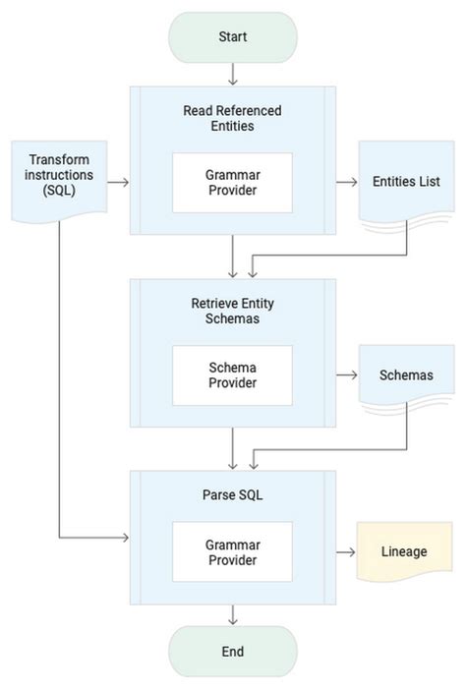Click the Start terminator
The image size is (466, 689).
232,37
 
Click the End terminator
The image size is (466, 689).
232,651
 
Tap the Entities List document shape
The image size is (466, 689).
406,183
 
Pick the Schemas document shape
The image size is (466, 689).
406,375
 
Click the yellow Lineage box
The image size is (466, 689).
404,551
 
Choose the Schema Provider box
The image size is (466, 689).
232,375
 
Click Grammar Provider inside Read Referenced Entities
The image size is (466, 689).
232,183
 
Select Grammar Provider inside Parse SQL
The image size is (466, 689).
232,551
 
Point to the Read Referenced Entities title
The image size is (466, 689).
232,118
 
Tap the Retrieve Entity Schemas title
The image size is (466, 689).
232,311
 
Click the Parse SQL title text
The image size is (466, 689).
232,494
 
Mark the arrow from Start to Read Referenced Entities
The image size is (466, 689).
233,74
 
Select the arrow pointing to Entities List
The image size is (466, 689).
346,182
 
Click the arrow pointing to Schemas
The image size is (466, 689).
346,374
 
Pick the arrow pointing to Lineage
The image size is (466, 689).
346,551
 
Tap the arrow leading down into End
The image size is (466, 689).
233,615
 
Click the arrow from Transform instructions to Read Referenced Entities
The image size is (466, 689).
118,182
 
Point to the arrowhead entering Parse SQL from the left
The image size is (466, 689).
125,538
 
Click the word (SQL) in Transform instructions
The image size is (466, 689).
58,190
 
